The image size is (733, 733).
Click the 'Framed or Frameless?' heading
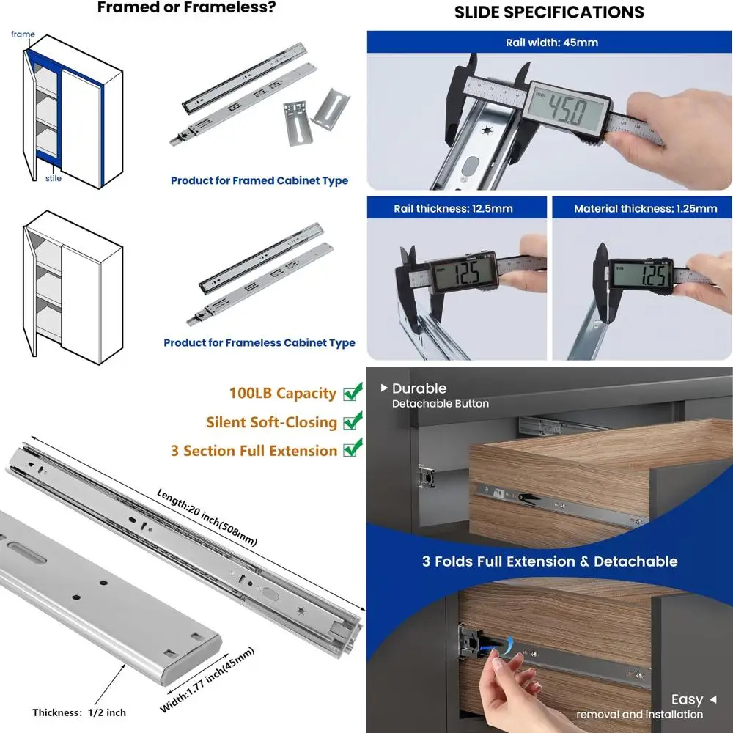(186, 7)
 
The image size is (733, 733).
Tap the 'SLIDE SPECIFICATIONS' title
(549, 12)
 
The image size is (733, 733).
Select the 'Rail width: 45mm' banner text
(552, 43)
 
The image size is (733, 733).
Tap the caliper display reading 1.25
(641, 275)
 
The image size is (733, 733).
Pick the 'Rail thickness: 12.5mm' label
(453, 208)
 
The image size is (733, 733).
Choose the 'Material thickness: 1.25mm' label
(646, 208)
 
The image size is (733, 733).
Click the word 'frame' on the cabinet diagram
(23, 34)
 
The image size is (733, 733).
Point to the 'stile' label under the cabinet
(54, 178)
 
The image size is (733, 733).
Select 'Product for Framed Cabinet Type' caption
(259, 180)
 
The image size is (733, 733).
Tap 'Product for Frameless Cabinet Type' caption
(259, 342)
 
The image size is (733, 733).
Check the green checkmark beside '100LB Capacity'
(353, 391)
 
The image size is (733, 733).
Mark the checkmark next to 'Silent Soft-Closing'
(353, 420)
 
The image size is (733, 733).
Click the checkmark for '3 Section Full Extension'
(353, 447)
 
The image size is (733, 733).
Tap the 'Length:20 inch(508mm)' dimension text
(207, 517)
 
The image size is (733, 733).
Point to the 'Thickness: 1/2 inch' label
(79, 712)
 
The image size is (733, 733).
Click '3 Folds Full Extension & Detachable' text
(550, 561)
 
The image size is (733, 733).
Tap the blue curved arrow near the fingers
(499, 646)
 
